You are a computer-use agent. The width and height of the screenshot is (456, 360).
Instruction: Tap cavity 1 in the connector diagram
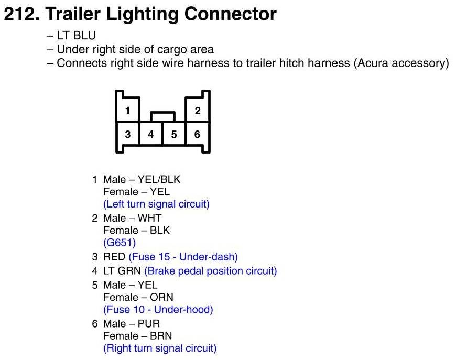tap(127, 111)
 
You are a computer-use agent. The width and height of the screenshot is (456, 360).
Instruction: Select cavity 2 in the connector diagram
tap(197, 111)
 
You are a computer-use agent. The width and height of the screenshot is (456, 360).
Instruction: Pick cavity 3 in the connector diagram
tap(127, 134)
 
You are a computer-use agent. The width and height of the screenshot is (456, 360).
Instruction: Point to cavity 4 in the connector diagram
tap(151, 134)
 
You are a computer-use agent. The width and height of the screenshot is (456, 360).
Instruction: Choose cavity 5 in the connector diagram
tap(174, 134)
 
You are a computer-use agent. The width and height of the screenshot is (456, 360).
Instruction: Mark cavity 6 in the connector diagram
tap(197, 134)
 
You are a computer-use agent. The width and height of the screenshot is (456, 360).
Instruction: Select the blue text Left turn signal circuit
tap(156, 204)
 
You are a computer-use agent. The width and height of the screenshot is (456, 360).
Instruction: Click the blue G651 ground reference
tap(120, 243)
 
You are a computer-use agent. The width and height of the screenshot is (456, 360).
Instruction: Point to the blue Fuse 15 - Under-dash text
tap(183, 257)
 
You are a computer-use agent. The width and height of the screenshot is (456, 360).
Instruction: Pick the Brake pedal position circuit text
tap(210, 271)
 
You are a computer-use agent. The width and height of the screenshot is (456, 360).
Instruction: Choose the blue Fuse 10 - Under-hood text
tap(158, 310)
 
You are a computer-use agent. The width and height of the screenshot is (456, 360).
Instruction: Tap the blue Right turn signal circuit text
tap(160, 348)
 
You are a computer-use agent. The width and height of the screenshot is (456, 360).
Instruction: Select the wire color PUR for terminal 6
tap(149, 323)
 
